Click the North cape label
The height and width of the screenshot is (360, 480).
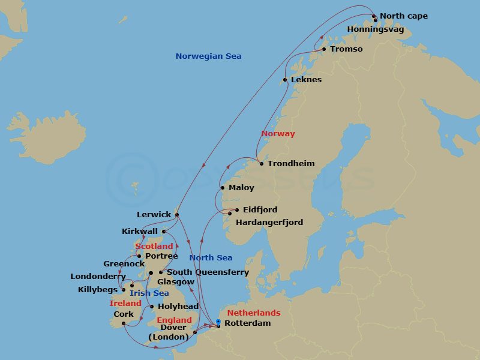click(x=404, y=16)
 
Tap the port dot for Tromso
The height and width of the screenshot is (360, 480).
click(x=324, y=49)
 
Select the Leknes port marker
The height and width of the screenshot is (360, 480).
click(x=285, y=80)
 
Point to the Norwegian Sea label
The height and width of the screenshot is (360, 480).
click(x=208, y=56)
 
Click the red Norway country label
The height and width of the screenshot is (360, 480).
click(x=278, y=134)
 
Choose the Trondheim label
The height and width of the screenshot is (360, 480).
click(x=291, y=164)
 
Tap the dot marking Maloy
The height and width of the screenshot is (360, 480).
click(x=232, y=188)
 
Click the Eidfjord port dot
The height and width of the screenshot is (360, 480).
click(x=237, y=210)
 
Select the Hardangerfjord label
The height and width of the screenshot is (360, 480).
click(x=269, y=222)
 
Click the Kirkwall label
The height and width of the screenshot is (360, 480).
click(x=140, y=231)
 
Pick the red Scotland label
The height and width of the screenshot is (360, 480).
click(x=154, y=247)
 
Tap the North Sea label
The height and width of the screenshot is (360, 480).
click(x=211, y=258)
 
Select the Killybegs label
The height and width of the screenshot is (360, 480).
click(x=98, y=289)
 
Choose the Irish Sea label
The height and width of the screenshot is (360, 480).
click(x=149, y=293)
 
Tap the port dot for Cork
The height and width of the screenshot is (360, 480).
click(x=124, y=323)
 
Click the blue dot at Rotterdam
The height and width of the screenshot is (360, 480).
click(x=218, y=322)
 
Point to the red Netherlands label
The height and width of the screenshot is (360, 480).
click(x=254, y=313)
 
